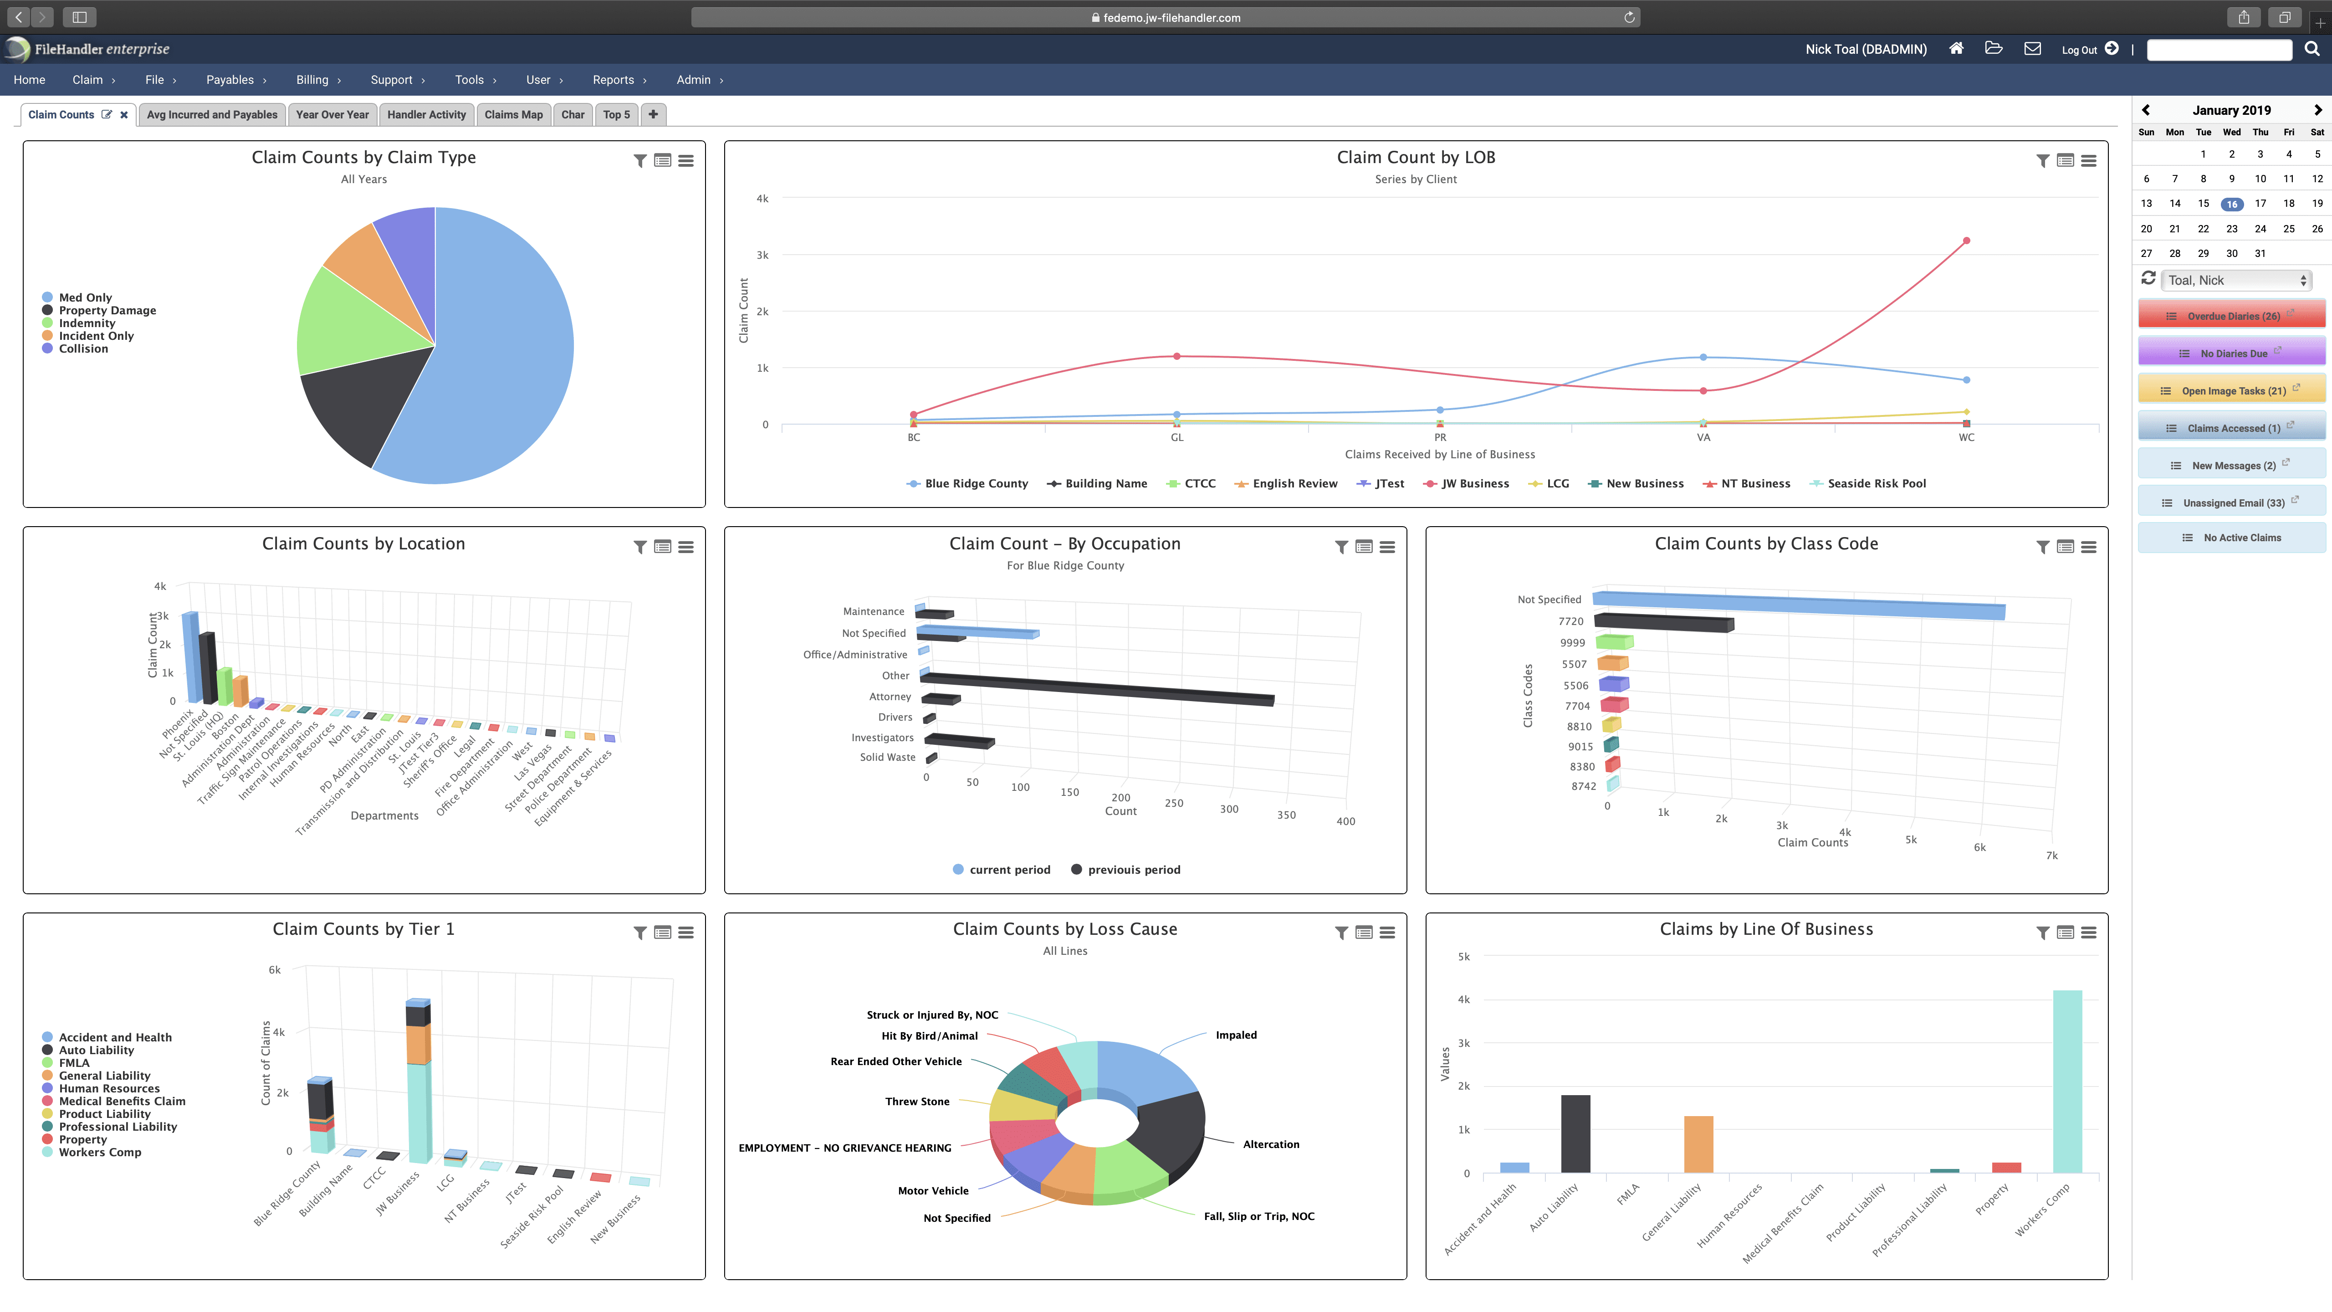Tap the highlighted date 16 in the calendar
click(2231, 204)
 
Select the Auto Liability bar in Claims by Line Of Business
click(1575, 1133)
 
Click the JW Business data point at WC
click(1966, 241)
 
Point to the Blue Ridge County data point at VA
click(1703, 358)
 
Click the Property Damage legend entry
click(107, 311)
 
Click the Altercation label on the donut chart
click(1270, 1144)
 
